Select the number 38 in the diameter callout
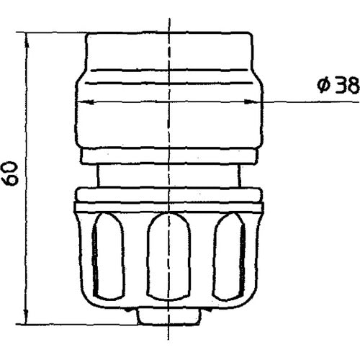pos(346,86)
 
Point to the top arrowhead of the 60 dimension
pos(26,36)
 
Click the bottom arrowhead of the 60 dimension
pos(26,321)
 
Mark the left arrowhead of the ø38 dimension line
pos(81,102)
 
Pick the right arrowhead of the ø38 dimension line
pos(259,102)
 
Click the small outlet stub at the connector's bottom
pos(168,315)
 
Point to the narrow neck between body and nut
pos(168,176)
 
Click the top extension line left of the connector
pos(54,32)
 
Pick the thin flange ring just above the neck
pos(168,156)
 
